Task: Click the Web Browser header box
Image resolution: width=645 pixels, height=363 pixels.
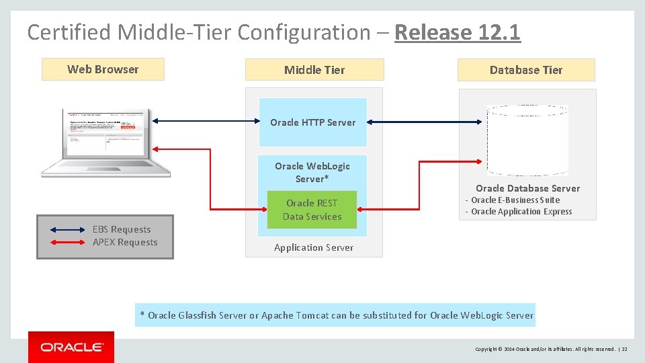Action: (x=103, y=69)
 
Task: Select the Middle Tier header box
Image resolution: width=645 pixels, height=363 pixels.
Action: (x=314, y=70)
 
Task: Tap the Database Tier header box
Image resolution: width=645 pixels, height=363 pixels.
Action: (x=526, y=70)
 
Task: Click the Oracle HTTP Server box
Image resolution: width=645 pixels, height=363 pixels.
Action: (x=313, y=122)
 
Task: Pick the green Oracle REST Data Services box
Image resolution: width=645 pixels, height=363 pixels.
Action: (x=312, y=210)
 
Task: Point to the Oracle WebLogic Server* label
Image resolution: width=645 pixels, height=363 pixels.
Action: (x=312, y=172)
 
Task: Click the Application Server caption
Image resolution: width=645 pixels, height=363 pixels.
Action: (x=314, y=247)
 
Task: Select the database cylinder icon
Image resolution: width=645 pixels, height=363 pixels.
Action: (x=527, y=140)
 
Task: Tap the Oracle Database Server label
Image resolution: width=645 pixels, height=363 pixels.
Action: (x=527, y=188)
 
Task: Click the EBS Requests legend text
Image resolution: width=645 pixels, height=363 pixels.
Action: (x=122, y=229)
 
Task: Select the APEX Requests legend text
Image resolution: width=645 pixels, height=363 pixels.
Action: (x=125, y=242)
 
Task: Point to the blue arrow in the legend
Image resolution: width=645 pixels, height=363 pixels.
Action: (x=66, y=230)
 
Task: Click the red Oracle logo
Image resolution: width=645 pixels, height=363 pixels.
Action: (x=71, y=347)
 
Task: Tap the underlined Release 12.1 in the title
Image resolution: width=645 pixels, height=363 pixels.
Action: (x=458, y=32)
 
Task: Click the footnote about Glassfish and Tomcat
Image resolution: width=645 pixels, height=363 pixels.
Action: (x=335, y=315)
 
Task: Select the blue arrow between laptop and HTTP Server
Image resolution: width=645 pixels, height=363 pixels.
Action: (x=206, y=121)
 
